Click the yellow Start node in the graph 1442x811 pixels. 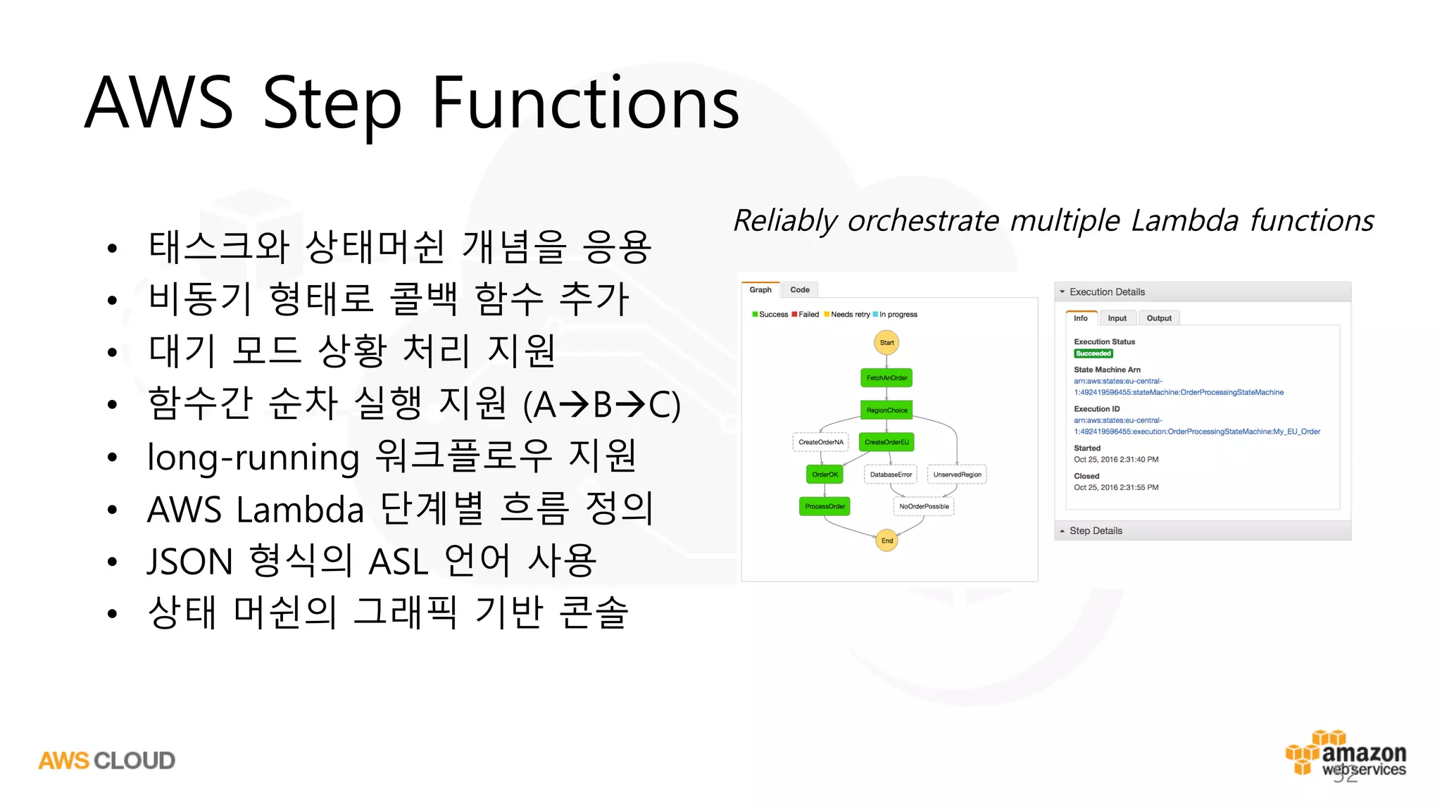click(886, 343)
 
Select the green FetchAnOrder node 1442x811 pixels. click(886, 378)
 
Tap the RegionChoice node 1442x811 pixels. click(886, 410)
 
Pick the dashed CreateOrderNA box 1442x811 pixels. click(820, 442)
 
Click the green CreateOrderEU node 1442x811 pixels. click(886, 442)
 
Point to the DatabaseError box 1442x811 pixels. click(891, 474)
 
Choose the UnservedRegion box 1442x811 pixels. click(957, 474)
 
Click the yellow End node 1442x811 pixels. click(886, 541)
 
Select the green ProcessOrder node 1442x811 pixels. click(825, 506)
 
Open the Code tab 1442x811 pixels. click(800, 290)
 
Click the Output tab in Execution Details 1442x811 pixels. click(1159, 318)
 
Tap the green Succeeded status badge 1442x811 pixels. click(1093, 353)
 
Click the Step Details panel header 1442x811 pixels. click(1096, 531)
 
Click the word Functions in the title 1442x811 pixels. click(585, 104)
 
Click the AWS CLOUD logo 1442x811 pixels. click(106, 760)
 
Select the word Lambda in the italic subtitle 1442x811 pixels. click(1184, 221)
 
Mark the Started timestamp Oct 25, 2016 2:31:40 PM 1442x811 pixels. click(1116, 460)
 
